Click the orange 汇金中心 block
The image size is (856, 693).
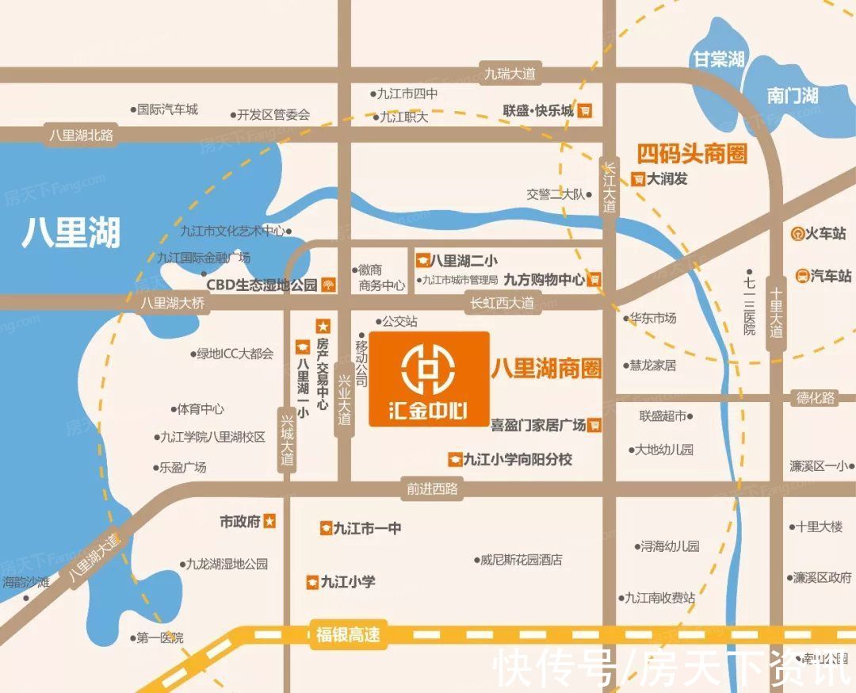pos(429,379)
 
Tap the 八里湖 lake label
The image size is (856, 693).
pos(71,232)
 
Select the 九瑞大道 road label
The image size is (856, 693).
pos(510,75)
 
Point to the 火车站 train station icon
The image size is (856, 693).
pos(797,234)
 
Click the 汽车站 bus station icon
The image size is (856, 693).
pos(802,276)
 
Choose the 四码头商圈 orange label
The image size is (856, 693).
pos(692,152)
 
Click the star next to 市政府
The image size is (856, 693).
pos(270,521)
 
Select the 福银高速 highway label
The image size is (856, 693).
pos(348,635)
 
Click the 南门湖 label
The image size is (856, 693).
pos(792,96)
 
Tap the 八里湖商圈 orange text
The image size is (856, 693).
pos(546,368)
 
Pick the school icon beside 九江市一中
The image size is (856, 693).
pos(325,528)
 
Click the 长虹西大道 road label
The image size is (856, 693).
pos(502,302)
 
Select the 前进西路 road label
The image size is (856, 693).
pos(433,488)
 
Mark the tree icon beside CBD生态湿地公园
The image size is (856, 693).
pos(327,285)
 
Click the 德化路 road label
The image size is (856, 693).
pos(816,398)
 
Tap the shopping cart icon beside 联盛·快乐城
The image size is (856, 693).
pos(585,111)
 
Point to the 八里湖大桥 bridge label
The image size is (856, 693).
pos(173,302)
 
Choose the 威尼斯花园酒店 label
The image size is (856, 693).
pos(522,560)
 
